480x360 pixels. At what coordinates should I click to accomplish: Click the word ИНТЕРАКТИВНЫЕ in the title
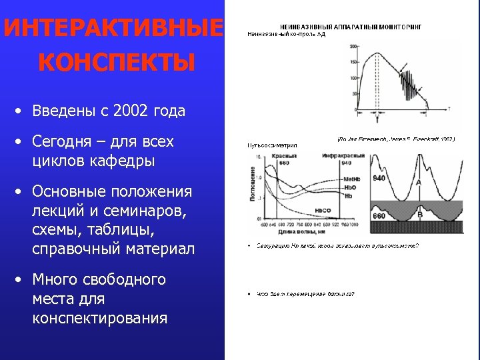click(x=112, y=29)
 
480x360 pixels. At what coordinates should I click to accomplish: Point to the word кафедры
click(x=127, y=161)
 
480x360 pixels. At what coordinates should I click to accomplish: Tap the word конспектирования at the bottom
click(x=99, y=318)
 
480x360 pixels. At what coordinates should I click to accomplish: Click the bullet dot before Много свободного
click(x=21, y=279)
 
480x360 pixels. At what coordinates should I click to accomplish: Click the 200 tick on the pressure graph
click(x=353, y=46)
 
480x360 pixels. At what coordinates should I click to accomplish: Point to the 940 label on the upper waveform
click(x=379, y=178)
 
